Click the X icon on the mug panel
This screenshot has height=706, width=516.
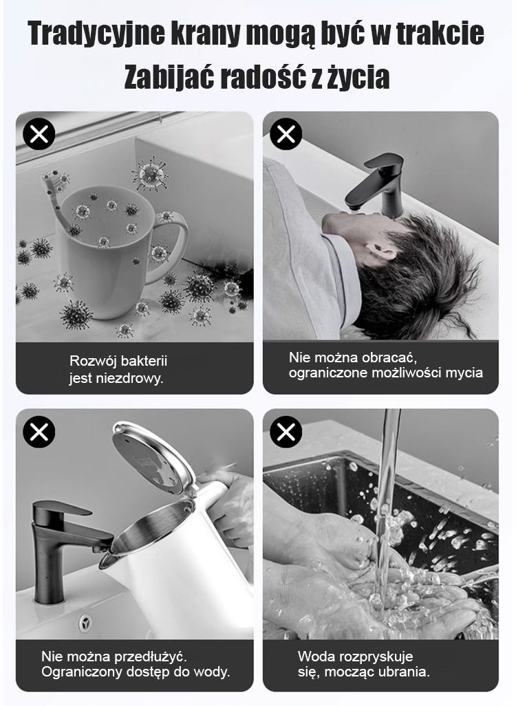coord(39,134)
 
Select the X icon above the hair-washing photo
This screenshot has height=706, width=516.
coord(286,134)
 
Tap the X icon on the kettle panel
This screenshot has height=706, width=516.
coord(39,432)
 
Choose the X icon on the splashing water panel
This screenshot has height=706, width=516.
coord(286,432)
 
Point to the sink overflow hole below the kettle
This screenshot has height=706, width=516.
coord(85,623)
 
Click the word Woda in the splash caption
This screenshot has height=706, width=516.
coord(314,657)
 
